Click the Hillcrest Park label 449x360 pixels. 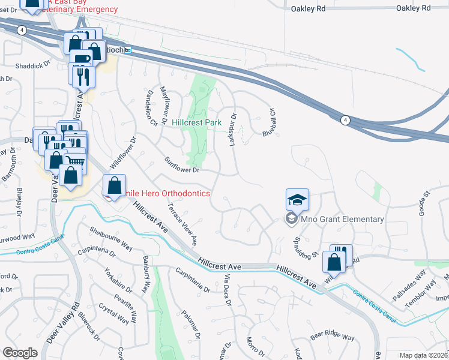pyautogui.click(x=196, y=122)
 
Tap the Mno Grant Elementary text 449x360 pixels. pyautogui.click(x=343, y=219)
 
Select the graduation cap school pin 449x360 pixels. pyautogui.click(x=297, y=199)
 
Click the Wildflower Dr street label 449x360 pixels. pyautogui.click(x=124, y=154)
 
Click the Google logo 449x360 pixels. pyautogui.click(x=20, y=353)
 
